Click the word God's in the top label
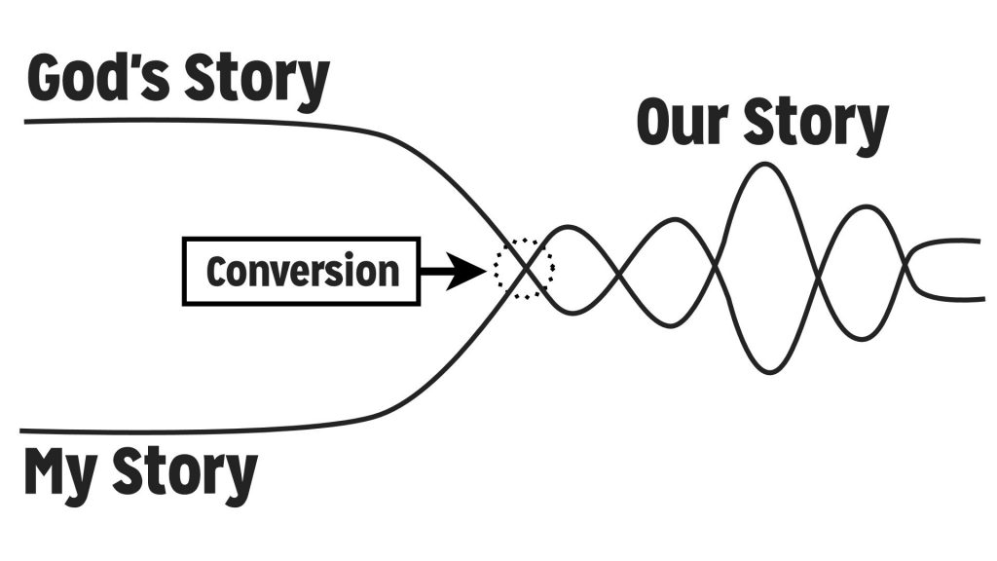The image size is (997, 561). (98, 78)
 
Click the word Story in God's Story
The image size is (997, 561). (257, 82)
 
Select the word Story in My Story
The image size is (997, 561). (185, 474)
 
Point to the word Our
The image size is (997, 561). (683, 122)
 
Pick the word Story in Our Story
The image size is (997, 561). (815, 126)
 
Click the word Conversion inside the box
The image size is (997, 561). (303, 272)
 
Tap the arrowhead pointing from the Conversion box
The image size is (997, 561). (466, 272)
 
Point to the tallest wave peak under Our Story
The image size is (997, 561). (765, 165)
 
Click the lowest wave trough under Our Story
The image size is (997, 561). (769, 371)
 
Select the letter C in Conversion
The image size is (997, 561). (217, 272)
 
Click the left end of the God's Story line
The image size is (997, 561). (25, 121)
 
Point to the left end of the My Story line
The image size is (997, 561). (21, 431)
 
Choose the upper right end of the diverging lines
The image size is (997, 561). (979, 242)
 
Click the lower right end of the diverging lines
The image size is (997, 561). (983, 298)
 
